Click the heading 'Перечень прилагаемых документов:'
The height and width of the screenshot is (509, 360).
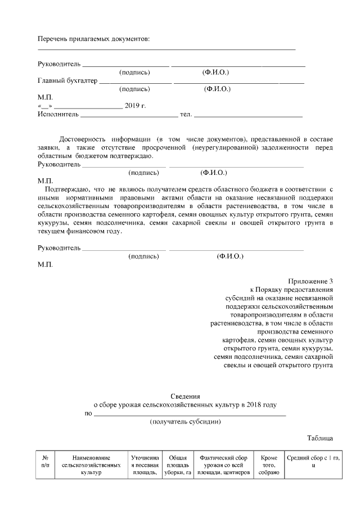click(x=93, y=39)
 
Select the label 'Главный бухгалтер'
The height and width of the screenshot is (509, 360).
click(x=67, y=81)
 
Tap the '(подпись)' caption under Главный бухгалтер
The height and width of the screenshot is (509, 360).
click(x=134, y=89)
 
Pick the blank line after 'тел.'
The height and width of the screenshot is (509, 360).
click(x=248, y=115)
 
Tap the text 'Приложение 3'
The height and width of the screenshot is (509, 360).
click(x=311, y=281)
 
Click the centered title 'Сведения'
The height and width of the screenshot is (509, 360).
click(x=185, y=396)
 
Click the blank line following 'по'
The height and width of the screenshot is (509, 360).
click(x=189, y=414)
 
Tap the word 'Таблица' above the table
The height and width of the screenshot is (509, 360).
click(x=321, y=438)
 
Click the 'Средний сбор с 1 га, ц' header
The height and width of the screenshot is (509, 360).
click(x=313, y=462)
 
